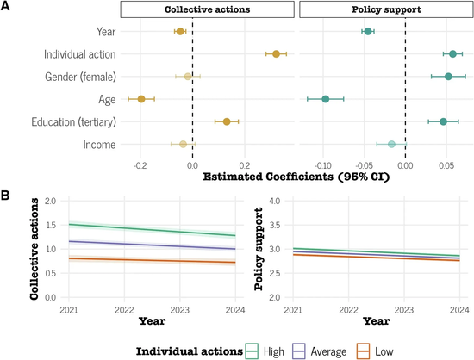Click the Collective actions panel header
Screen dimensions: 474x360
pyautogui.click(x=208, y=9)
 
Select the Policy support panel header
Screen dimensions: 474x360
pyautogui.click(x=386, y=9)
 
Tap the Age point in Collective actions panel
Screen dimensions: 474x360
pyautogui.click(x=141, y=99)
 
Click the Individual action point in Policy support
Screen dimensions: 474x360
pyautogui.click(x=452, y=54)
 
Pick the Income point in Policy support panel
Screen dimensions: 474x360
pyautogui.click(x=391, y=145)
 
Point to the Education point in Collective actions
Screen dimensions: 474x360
pyautogui.click(x=227, y=121)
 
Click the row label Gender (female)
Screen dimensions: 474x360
pyautogui.click(x=80, y=77)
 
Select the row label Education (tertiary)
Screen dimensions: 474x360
pyautogui.click(x=74, y=122)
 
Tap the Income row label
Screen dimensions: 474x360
pyautogui.click(x=99, y=145)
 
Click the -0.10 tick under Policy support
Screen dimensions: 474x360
pyautogui.click(x=323, y=165)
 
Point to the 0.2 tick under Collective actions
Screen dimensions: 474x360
pyautogui.click(x=245, y=165)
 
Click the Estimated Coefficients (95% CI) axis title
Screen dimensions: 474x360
pyautogui.click(x=296, y=177)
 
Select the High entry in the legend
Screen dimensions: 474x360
pyautogui.click(x=265, y=351)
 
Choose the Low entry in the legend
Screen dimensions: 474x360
pyautogui.click(x=375, y=351)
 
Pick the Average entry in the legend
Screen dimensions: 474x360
pyautogui.click(x=319, y=351)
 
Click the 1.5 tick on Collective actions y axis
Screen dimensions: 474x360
pyautogui.click(x=51, y=225)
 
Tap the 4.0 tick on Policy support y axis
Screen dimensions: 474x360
pyautogui.click(x=274, y=201)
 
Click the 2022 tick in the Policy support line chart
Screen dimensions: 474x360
pyautogui.click(x=348, y=310)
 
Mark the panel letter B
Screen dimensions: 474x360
pyautogui.click(x=5, y=196)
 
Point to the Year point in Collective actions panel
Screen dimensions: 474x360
pyautogui.click(x=180, y=31)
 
